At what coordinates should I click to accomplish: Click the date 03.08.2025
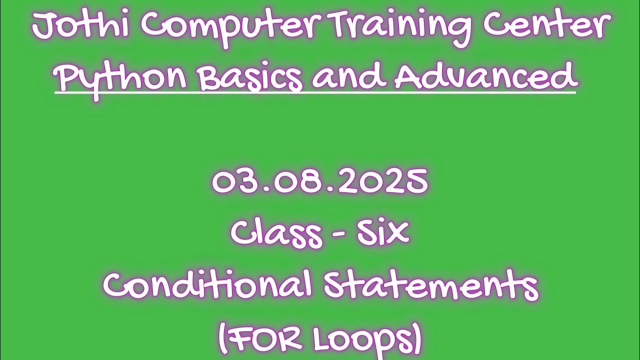320,181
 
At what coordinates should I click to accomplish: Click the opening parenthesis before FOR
222,339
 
